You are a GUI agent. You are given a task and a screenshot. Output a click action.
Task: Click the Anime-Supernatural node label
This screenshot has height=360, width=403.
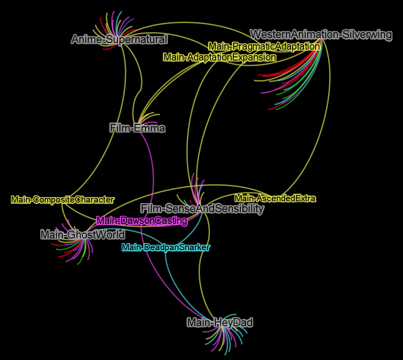point(120,39)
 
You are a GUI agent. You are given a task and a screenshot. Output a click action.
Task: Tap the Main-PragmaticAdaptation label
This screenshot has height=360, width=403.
point(264,46)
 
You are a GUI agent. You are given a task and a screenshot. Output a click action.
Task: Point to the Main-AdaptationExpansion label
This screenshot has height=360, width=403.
point(220,57)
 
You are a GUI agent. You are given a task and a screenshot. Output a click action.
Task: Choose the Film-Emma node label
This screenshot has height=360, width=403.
point(138,128)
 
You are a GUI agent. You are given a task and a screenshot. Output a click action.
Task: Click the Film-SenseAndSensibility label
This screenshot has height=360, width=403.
point(202,208)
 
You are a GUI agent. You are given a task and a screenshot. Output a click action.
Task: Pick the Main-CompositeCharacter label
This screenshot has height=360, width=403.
point(62,200)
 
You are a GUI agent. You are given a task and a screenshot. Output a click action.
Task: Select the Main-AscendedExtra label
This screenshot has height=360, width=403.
point(275,198)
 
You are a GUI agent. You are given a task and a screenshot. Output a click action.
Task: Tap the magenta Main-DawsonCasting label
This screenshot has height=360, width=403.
point(142,221)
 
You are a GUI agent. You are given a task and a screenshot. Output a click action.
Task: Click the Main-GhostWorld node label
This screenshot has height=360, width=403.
point(83,235)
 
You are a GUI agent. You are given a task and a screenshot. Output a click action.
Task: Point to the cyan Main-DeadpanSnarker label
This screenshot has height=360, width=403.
point(166,248)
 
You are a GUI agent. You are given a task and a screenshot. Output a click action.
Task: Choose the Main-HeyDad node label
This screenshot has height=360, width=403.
point(220,322)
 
